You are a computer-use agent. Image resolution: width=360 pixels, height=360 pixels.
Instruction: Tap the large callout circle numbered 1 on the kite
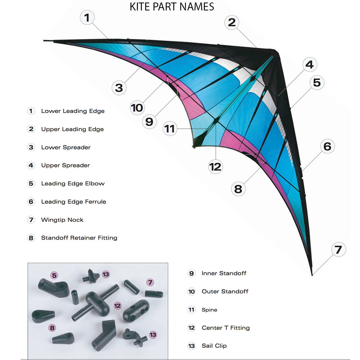tap(87, 17)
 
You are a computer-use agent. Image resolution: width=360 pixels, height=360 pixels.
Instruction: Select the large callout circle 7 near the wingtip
tap(338, 249)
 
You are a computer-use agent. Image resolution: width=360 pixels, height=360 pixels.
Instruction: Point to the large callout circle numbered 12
tap(215, 167)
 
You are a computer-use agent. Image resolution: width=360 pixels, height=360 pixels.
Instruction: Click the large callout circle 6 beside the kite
tap(327, 147)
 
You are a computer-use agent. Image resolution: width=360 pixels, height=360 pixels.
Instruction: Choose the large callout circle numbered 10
tap(137, 108)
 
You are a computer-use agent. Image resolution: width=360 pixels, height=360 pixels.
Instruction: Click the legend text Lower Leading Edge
tap(73, 111)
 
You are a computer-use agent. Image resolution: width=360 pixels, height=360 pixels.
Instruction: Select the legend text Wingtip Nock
tap(62, 220)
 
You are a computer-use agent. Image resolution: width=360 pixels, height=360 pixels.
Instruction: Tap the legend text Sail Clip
tap(214, 346)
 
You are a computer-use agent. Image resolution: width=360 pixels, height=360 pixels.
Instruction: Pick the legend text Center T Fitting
tap(225, 328)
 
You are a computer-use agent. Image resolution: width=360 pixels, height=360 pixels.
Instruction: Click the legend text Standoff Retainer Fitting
tap(79, 238)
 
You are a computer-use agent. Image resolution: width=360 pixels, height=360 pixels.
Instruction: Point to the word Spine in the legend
tap(209, 310)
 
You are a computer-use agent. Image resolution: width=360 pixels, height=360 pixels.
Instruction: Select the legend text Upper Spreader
tap(65, 165)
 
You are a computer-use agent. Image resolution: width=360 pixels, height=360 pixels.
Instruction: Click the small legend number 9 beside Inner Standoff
tap(192, 273)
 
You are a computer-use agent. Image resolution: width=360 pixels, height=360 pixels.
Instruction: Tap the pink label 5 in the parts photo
tap(54, 276)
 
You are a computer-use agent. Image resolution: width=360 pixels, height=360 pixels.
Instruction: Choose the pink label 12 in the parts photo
tap(117, 306)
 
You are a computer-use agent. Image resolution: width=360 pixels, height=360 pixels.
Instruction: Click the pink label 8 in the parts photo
tap(53, 328)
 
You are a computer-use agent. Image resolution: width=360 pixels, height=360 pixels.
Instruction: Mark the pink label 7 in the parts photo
tap(150, 283)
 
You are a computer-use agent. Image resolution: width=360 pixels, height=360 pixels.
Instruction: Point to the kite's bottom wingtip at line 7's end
tap(312, 275)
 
